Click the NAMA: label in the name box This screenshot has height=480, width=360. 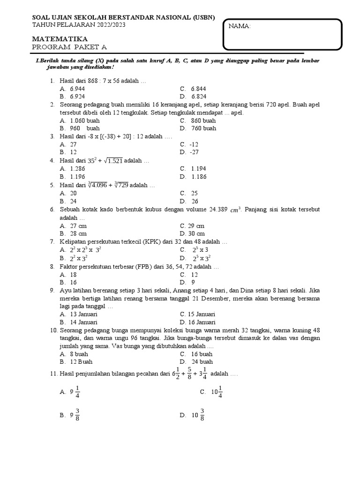coord(240,26)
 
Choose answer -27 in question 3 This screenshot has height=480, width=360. coord(195,152)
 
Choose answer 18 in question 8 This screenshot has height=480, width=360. coord(74,274)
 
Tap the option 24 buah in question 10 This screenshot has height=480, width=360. coord(202,362)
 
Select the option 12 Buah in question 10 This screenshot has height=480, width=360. coord(81,362)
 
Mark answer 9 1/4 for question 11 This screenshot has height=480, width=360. coord(75,392)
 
